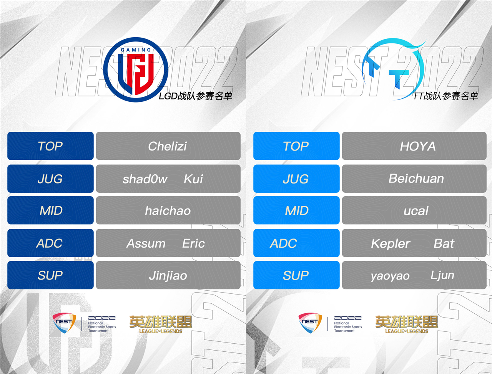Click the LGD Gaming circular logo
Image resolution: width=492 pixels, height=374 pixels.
click(136, 70)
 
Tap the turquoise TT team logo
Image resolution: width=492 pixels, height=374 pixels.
click(393, 69)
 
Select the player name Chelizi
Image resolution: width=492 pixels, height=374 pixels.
click(167, 146)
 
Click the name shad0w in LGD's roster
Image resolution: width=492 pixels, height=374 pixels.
click(145, 179)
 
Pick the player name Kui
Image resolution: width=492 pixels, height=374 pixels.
click(193, 179)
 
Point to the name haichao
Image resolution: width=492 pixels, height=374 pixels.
click(168, 210)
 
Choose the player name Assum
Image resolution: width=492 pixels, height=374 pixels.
click(146, 243)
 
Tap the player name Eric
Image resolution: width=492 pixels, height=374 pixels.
click(193, 243)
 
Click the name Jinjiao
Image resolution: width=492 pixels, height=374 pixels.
click(168, 276)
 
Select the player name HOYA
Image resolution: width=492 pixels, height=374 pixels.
click(418, 146)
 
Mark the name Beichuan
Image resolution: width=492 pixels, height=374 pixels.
click(416, 179)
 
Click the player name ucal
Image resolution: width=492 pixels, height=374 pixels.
click(416, 210)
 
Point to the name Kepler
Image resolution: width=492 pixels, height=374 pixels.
click(391, 243)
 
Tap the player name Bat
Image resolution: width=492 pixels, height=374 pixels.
click(444, 243)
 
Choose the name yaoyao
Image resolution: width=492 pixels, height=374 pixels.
click(390, 276)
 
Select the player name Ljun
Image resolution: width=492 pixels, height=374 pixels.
click(442, 275)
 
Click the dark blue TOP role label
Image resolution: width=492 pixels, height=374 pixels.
click(50, 146)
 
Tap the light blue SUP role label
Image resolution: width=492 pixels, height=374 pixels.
click(296, 275)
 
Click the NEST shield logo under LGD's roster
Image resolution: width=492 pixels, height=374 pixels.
click(64, 323)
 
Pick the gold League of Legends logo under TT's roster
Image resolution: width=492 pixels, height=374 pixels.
click(407, 324)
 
